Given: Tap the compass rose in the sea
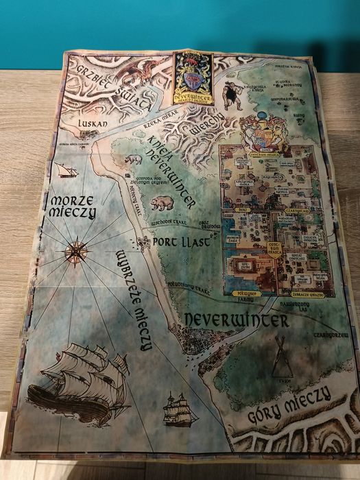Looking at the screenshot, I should (77, 251).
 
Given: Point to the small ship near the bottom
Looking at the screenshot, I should (180, 409).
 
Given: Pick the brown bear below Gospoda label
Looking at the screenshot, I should (163, 203).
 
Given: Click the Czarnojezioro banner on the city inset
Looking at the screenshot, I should (299, 211).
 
